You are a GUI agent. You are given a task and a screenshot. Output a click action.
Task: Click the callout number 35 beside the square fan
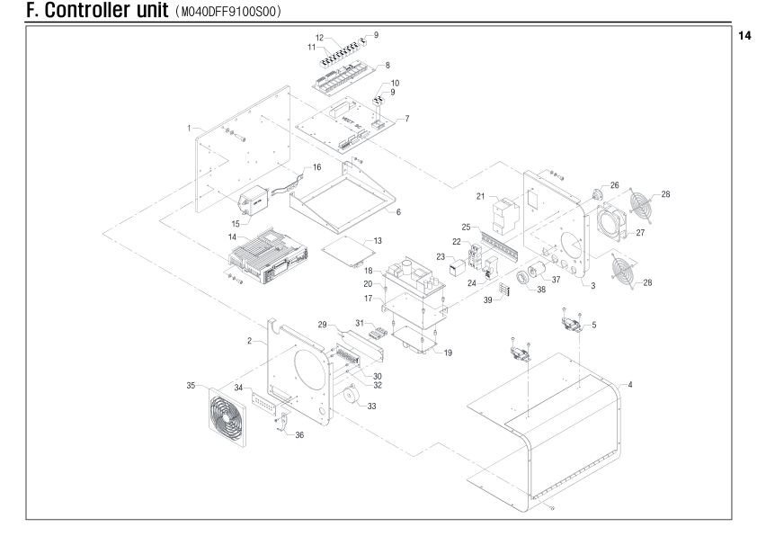[x=191, y=385]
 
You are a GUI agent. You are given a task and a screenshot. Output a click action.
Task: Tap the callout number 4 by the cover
[x=630, y=385]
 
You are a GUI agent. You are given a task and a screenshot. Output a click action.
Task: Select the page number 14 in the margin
[x=744, y=36]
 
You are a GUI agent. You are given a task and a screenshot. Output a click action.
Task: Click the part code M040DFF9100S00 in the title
[x=230, y=12]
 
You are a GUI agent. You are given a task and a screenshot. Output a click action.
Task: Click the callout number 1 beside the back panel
[x=189, y=128]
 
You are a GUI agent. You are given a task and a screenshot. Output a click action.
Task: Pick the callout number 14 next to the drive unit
[x=232, y=237]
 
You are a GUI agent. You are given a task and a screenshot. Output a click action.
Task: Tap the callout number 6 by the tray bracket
[x=398, y=212]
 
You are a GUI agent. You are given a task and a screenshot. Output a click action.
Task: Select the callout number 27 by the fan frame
[x=640, y=233]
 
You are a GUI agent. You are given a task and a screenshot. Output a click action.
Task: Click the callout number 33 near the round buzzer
[x=371, y=406]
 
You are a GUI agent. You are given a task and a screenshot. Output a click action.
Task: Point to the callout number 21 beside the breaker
[x=480, y=196]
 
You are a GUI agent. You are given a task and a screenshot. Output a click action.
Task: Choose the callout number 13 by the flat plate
[x=378, y=240]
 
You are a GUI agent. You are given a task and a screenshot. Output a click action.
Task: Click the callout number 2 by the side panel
[x=250, y=341]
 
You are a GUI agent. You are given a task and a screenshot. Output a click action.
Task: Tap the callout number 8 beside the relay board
[x=387, y=65]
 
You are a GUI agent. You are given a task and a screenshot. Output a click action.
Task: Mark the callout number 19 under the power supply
[x=448, y=353]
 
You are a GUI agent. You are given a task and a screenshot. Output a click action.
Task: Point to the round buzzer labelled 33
[x=350, y=395]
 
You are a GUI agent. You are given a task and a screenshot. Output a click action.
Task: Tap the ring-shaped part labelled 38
[x=524, y=280]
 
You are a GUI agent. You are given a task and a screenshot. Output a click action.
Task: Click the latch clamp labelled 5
[x=573, y=323]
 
